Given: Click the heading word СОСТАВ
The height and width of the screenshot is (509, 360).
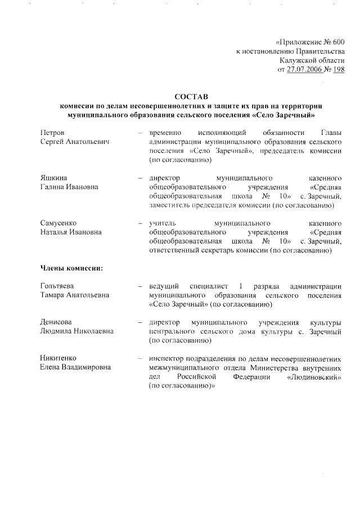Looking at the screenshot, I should coord(191,97).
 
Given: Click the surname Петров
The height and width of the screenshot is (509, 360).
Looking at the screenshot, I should coord(52,132).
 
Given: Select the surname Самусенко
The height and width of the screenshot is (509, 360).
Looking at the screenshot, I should coord(58,223).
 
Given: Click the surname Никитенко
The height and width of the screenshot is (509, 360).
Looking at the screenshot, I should coord(58,358).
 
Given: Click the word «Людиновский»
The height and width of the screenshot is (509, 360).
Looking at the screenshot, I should coord(313,376).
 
